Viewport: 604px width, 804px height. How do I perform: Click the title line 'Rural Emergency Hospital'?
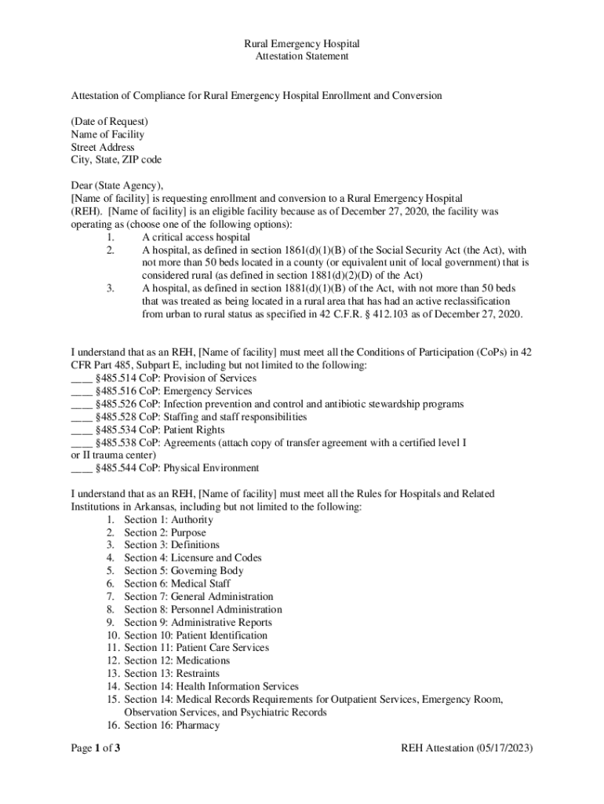pos(302,44)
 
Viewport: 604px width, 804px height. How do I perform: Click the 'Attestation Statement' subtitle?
pos(302,57)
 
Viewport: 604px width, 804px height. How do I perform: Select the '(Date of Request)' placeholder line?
pos(109,122)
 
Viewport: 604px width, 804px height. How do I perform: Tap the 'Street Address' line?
pos(103,148)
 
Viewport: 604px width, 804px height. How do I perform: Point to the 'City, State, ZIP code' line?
pos(116,160)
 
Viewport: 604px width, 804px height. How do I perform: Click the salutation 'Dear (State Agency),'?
pos(118,185)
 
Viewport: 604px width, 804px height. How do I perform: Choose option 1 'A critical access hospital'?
pos(196,237)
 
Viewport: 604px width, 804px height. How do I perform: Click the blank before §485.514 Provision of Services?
pos(81,378)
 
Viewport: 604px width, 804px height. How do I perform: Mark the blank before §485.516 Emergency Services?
pos(81,391)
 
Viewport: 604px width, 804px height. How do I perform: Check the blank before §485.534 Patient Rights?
pos(81,430)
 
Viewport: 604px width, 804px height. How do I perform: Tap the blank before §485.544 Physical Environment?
pos(81,469)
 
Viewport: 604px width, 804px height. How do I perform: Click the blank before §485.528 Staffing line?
pos(81,417)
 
